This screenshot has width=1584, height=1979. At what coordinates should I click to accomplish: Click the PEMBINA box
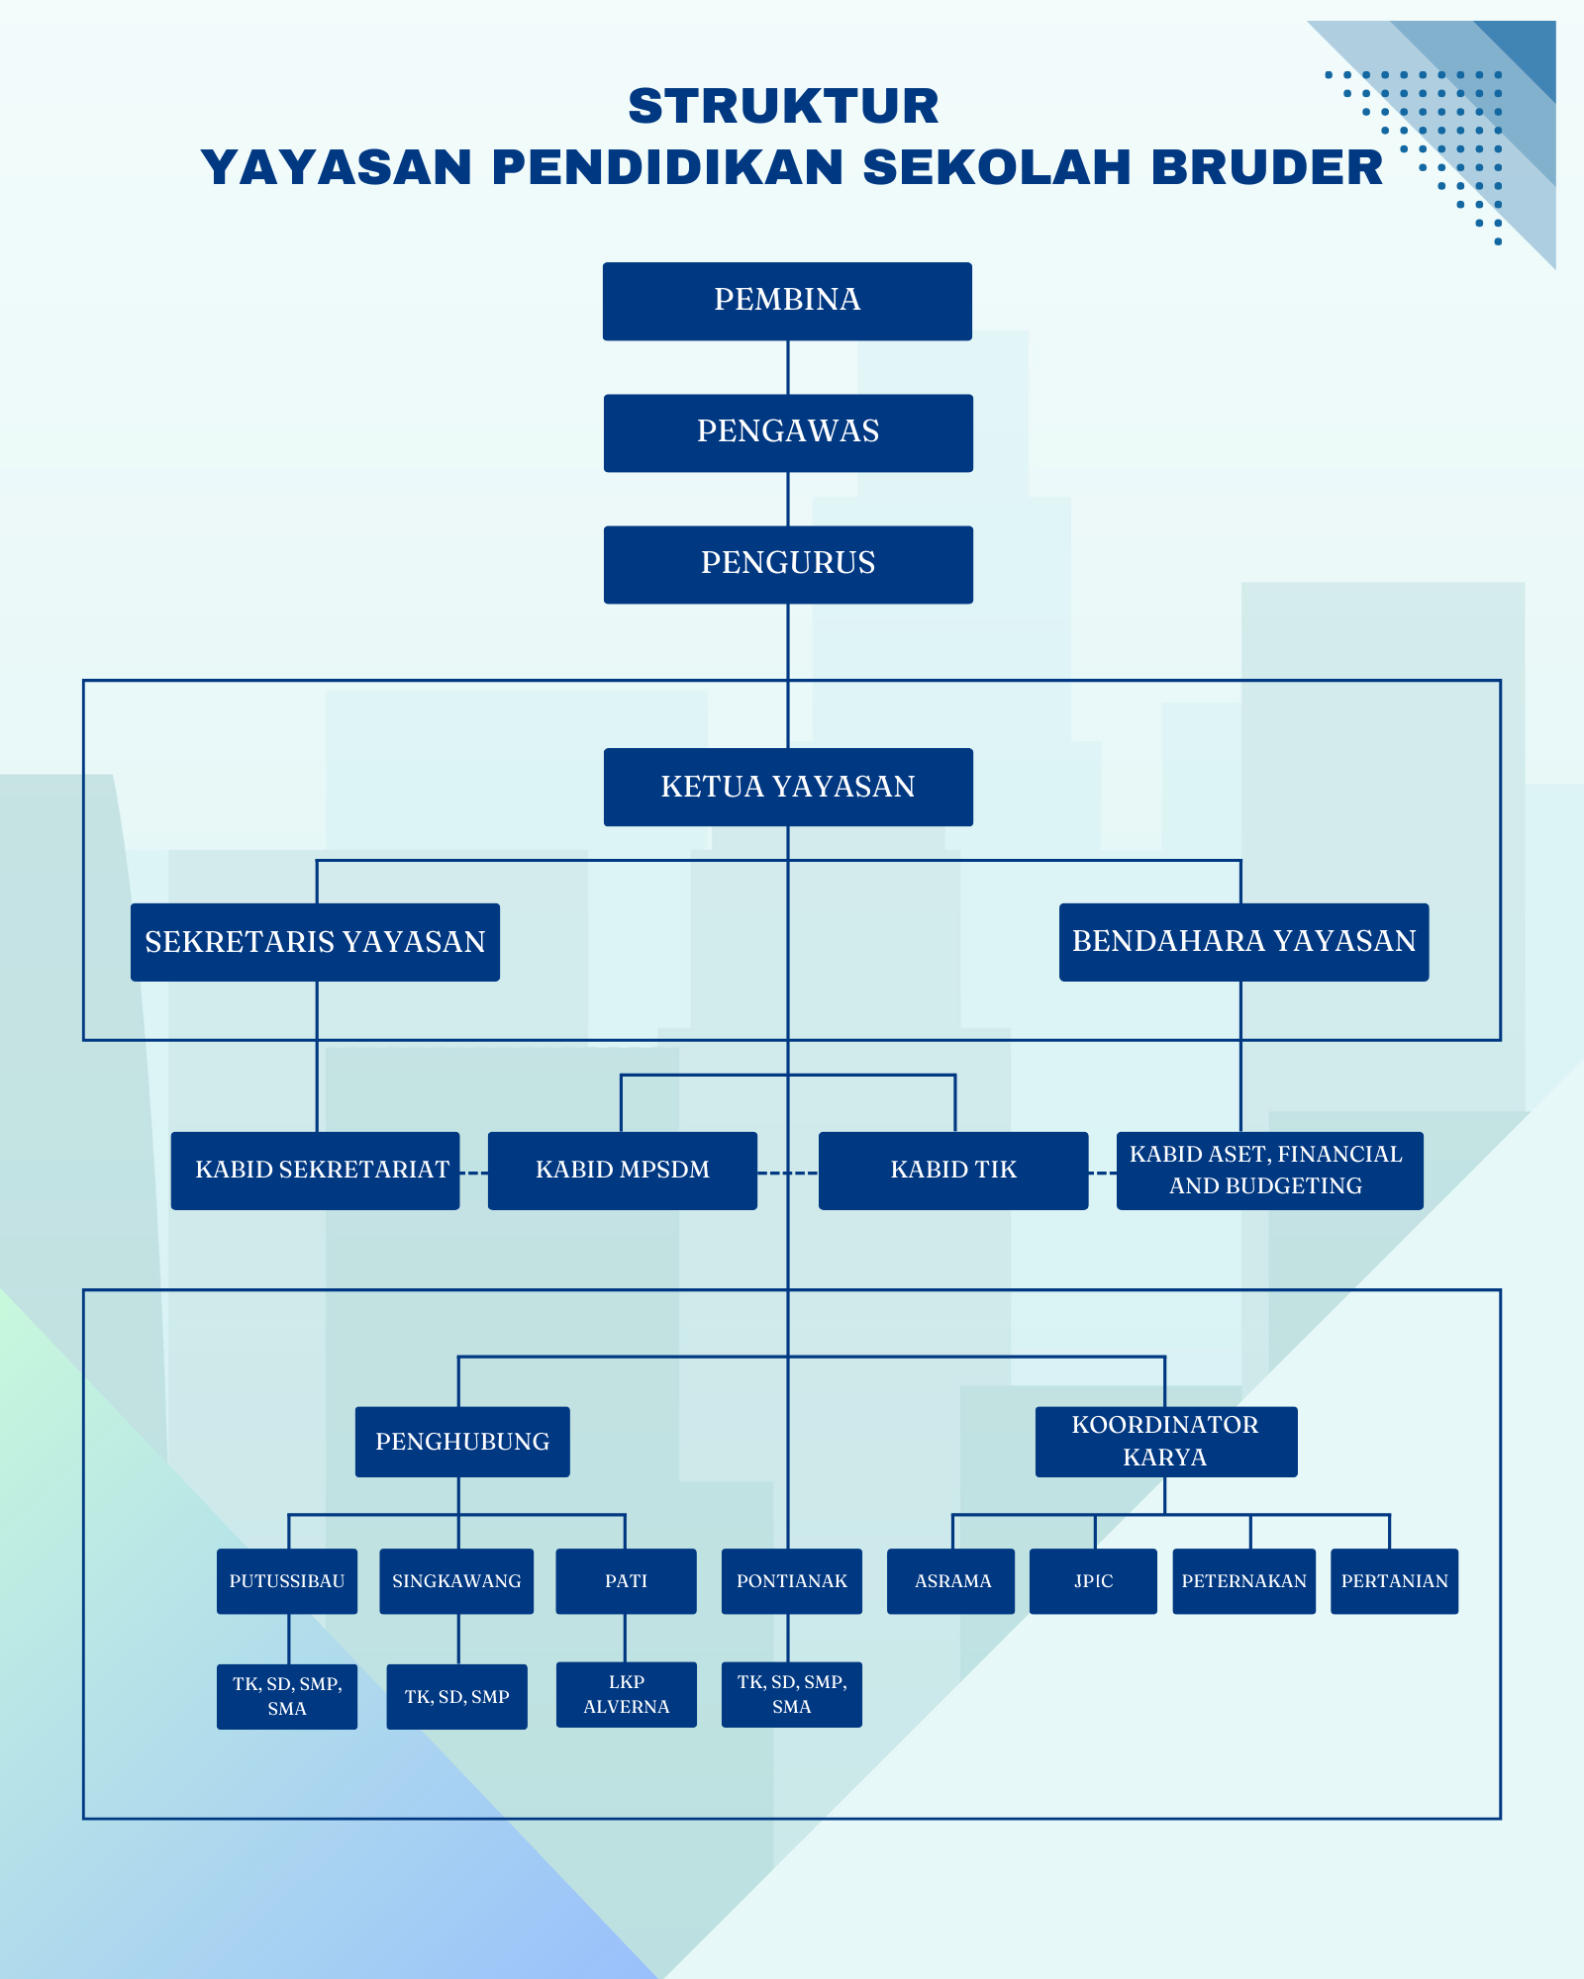[x=787, y=301]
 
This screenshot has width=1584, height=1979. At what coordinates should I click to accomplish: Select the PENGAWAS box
[x=788, y=432]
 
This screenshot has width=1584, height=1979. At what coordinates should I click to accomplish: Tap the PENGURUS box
[x=788, y=564]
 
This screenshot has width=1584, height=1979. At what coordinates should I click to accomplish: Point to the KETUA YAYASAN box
[x=788, y=787]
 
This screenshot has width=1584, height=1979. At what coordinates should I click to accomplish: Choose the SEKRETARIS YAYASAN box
[x=315, y=942]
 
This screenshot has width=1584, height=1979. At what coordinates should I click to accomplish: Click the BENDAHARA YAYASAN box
[x=1243, y=942]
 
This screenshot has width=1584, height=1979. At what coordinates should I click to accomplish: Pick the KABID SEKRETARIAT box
[x=315, y=1171]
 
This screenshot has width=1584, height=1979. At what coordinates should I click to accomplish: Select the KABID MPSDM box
[x=622, y=1171]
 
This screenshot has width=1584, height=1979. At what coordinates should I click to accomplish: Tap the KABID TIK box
[x=952, y=1171]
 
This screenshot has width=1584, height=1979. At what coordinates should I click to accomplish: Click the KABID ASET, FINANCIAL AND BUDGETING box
[x=1269, y=1171]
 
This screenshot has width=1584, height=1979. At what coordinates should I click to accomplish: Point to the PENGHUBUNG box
[x=462, y=1442]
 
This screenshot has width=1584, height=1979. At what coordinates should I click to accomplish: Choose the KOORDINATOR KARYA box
[x=1165, y=1442]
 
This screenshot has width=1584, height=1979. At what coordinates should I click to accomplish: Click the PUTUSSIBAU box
[x=287, y=1581]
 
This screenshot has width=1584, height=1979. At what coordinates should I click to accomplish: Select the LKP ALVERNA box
[x=626, y=1694]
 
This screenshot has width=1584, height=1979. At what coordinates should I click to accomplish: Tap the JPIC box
[x=1093, y=1581]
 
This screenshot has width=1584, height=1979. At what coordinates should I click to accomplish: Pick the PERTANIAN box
[x=1394, y=1581]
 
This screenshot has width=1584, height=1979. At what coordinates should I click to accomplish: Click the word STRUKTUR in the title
[x=783, y=107]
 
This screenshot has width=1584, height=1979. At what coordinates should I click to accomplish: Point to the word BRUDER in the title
[x=1266, y=167]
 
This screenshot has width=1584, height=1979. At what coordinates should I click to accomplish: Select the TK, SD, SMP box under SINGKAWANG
[x=456, y=1697]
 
